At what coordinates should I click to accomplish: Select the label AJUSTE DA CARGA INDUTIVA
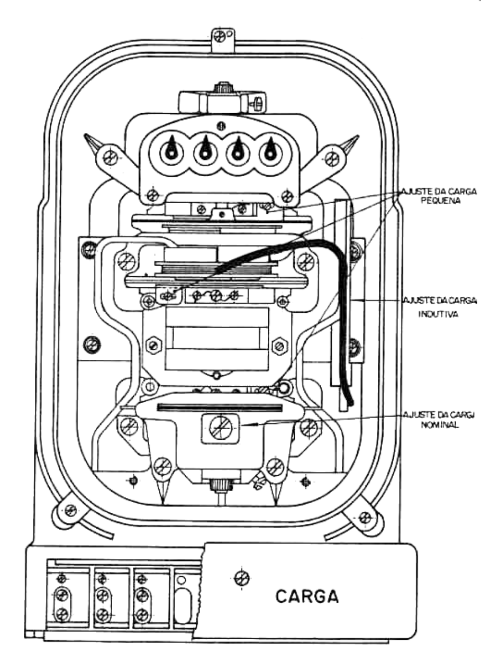440,307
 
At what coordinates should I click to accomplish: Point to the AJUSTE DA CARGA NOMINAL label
439,420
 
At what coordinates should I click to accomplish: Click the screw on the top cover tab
220,37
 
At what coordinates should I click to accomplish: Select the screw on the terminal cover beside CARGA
241,578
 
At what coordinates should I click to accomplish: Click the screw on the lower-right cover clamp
365,516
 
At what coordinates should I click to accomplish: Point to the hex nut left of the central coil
153,346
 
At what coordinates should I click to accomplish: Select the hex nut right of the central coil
279,346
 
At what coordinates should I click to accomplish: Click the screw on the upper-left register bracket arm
111,157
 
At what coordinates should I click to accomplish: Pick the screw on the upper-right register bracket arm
332,158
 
